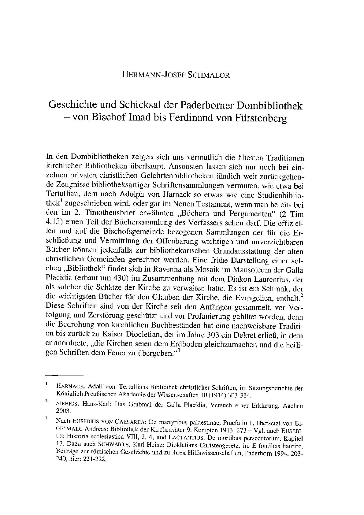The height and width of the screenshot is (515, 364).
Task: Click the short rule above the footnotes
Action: tap(66, 375)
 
